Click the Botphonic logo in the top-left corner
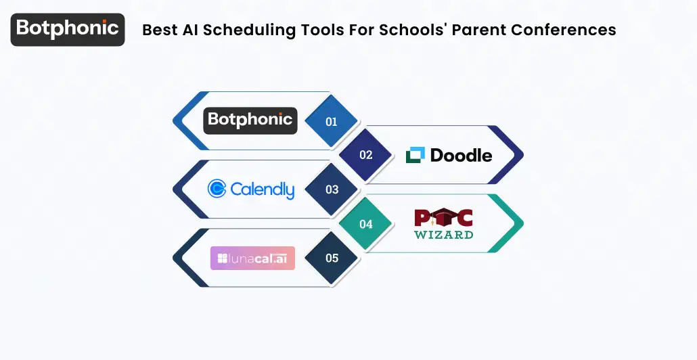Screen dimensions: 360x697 (x=68, y=29)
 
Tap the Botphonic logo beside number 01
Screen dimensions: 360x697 (x=250, y=120)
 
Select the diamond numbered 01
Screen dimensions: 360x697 (x=332, y=122)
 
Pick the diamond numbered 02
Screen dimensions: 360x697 (x=365, y=155)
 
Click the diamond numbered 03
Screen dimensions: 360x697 (x=332, y=189)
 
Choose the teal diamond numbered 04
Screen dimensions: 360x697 (x=365, y=224)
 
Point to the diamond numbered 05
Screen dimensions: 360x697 (x=332, y=258)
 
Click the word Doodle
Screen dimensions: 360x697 (x=461, y=155)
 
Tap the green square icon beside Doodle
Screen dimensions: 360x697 (x=415, y=155)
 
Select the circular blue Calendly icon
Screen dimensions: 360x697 (x=217, y=189)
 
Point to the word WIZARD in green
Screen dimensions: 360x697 (x=444, y=234)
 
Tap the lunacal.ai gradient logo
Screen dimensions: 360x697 (x=252, y=258)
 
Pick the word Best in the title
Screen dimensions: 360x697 (x=158, y=30)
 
